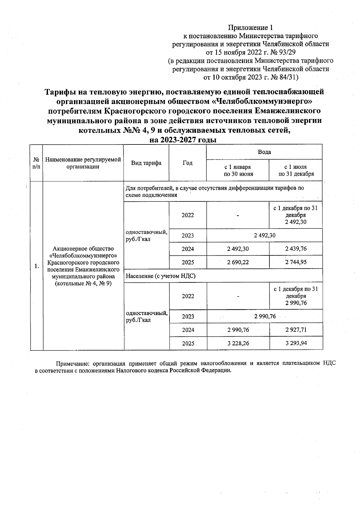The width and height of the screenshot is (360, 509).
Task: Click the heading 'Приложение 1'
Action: (x=250, y=28)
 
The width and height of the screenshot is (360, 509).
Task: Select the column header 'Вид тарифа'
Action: (x=146, y=163)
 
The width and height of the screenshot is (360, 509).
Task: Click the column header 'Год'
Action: (x=187, y=163)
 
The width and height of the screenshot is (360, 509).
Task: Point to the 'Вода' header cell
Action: (x=264, y=152)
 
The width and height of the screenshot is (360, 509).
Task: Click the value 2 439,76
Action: (x=296, y=249)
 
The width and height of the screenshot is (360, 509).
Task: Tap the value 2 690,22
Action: (x=238, y=262)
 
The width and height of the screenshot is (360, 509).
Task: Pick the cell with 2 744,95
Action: (x=296, y=262)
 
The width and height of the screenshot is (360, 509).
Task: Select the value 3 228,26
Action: (x=238, y=344)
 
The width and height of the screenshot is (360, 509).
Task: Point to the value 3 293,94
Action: (x=296, y=344)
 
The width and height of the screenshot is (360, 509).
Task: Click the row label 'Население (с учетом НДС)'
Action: (x=160, y=276)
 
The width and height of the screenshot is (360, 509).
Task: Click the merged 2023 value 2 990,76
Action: (x=265, y=317)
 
